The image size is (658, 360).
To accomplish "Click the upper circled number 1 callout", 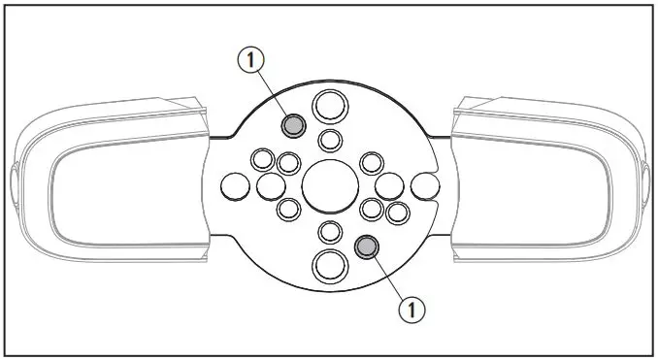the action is [x=251, y=60].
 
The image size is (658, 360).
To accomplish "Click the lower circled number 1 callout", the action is [x=411, y=309].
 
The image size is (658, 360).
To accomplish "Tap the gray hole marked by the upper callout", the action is [x=294, y=125].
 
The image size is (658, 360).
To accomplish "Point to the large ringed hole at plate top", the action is [x=328, y=103].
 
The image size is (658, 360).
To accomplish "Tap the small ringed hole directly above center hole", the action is [x=330, y=140].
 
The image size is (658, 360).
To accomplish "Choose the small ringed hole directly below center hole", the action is [x=330, y=231].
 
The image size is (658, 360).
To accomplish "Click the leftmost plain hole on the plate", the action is [x=235, y=183].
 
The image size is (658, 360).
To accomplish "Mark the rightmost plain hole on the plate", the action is [x=423, y=184].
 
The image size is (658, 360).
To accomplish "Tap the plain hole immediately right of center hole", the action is [x=389, y=185].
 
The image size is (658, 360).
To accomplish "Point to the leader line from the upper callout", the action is [x=273, y=93].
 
